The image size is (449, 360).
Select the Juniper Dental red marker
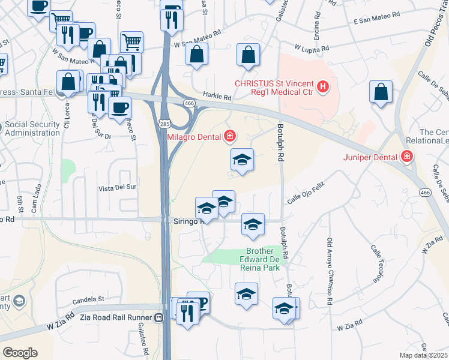[x=408, y=157]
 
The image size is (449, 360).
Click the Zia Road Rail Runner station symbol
[x=160, y=317]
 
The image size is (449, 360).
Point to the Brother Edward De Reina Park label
[x=262, y=259]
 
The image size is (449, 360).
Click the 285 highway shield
[x=164, y=123]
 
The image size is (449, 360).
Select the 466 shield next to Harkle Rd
[x=188, y=104]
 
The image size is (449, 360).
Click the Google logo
[x=20, y=353]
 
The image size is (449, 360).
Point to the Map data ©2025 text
[x=423, y=355]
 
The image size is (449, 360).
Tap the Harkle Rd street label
[x=217, y=97]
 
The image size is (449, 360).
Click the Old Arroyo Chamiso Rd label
[x=329, y=268]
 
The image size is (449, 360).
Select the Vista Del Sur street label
[x=118, y=188]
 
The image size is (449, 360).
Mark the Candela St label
[x=89, y=298]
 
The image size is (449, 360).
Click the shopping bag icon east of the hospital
[x=381, y=92]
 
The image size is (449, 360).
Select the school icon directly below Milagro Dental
[x=243, y=161]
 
